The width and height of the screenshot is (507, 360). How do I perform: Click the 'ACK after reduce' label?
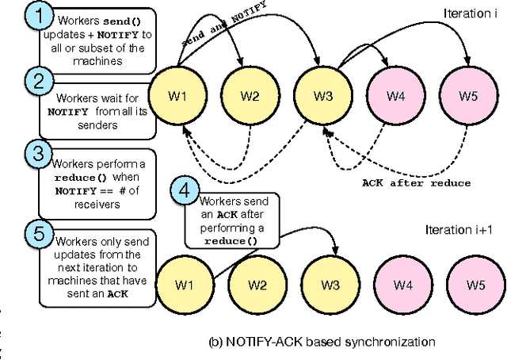(416, 183)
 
